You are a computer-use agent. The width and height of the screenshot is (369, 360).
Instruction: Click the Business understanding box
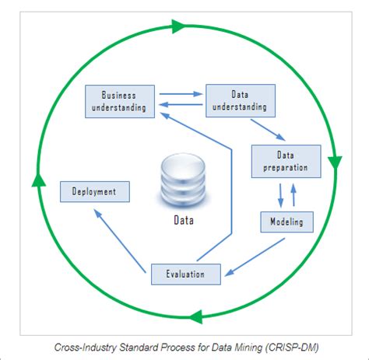118,101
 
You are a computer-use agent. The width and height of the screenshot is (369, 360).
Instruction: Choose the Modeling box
286,222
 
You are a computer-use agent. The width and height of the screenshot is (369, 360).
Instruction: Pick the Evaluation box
185,273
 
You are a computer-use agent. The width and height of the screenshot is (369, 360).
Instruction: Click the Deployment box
93,191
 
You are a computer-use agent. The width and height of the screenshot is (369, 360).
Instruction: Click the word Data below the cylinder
184,220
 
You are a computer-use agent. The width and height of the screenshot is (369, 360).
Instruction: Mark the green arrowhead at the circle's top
177,27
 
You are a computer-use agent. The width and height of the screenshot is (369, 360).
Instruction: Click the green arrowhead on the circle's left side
35,180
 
